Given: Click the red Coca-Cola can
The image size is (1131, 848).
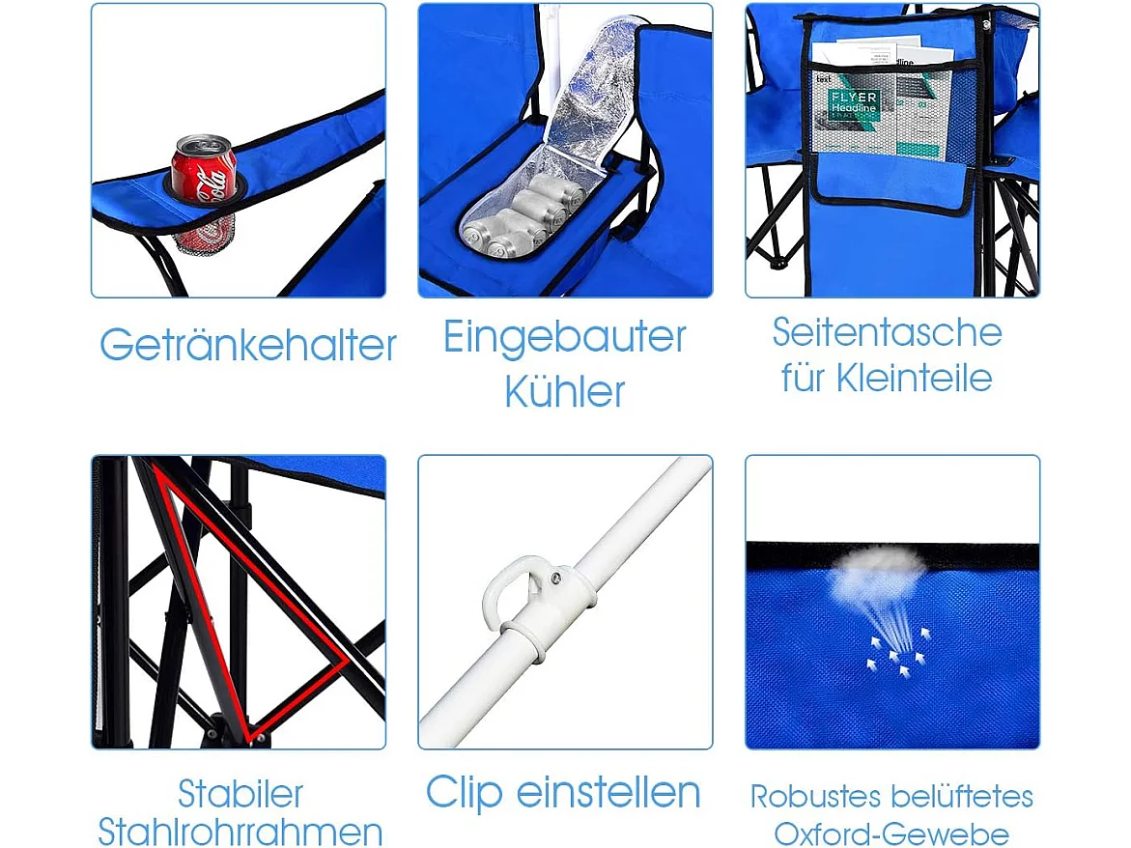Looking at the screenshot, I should pyautogui.click(x=204, y=169).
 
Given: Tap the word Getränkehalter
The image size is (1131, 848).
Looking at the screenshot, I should pyautogui.click(x=247, y=345).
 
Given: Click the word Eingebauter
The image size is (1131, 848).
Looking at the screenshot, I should pyautogui.click(x=565, y=337).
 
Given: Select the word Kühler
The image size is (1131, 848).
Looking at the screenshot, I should pyautogui.click(x=565, y=392).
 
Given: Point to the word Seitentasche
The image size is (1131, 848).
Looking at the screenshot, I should pyautogui.click(x=887, y=332).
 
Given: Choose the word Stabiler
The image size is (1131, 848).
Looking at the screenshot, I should pyautogui.click(x=240, y=794).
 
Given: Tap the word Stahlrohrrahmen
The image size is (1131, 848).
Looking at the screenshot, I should pyautogui.click(x=240, y=832).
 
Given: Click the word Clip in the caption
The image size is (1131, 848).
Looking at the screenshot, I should pyautogui.click(x=464, y=793).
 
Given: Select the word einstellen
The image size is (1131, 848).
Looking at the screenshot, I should pyautogui.click(x=608, y=793).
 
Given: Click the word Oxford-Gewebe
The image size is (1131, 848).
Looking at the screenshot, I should pyautogui.click(x=891, y=834).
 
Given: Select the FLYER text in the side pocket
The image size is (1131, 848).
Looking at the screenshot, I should pyautogui.click(x=853, y=98).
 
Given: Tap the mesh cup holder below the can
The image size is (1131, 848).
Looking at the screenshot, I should pyautogui.click(x=206, y=233).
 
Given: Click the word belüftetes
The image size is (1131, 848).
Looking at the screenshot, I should pyautogui.click(x=962, y=797).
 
